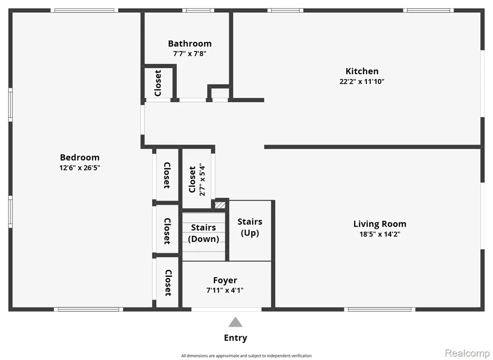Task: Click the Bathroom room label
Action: point(190,43)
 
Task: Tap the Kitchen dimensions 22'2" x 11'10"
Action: point(362,81)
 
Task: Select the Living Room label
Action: point(380,224)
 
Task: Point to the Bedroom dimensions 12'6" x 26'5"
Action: point(79,167)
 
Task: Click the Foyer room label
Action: point(225,280)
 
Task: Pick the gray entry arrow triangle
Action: point(235,322)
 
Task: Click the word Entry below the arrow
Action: point(235,338)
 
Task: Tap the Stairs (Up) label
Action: point(250,227)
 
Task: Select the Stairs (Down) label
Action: point(204,233)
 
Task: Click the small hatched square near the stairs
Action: point(220,205)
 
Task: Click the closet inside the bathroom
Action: point(158,83)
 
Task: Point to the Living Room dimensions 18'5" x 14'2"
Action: point(380,234)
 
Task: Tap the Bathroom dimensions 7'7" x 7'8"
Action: point(190,53)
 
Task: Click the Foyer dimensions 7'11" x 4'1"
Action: point(225,290)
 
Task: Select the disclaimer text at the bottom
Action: point(246,356)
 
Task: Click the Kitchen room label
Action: point(362,71)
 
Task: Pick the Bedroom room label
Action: point(79,157)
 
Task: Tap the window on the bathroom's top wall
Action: point(198,11)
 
